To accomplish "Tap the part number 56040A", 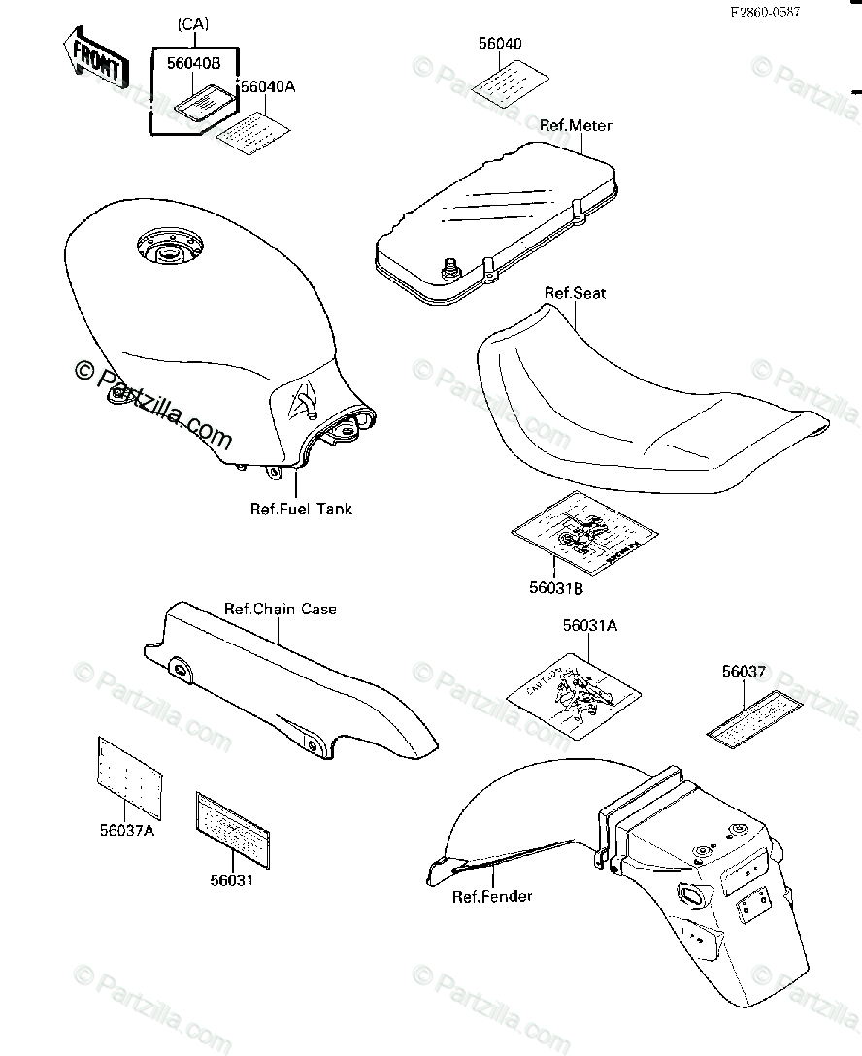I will click(x=268, y=86).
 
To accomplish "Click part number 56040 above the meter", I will click(x=499, y=44).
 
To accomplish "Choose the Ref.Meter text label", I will click(x=578, y=125).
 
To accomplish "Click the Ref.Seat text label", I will click(x=575, y=293).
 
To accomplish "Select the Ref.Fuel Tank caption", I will click(x=301, y=509).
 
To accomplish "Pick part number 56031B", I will click(x=556, y=587).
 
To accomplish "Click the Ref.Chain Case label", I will click(x=281, y=610).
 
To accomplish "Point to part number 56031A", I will click(x=589, y=627).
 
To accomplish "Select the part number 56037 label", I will click(x=744, y=670).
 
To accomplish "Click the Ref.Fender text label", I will click(x=492, y=896).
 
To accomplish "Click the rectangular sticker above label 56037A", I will click(x=128, y=773).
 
